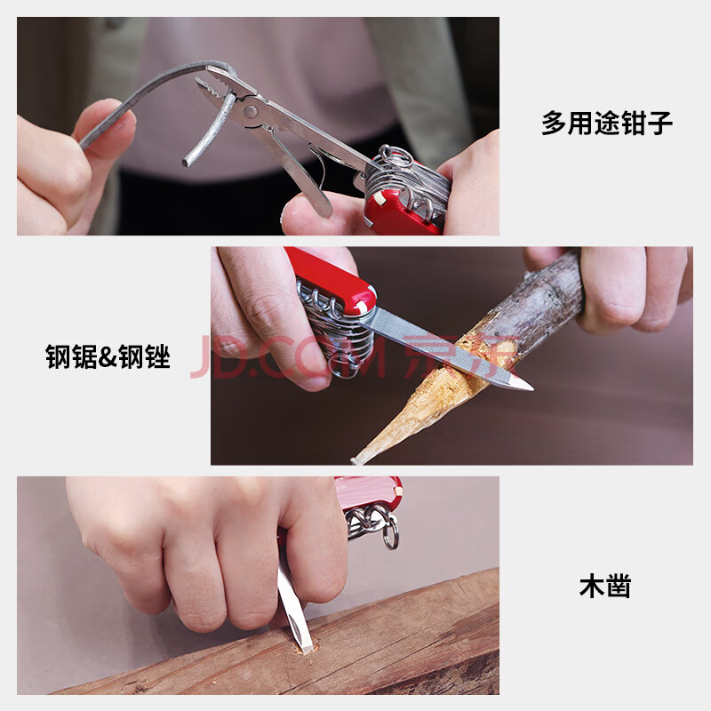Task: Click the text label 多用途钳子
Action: tap(607, 123)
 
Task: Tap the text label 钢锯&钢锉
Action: tap(108, 356)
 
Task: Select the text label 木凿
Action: tap(605, 586)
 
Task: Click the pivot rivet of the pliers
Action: tap(250, 110)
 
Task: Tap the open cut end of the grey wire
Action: tap(186, 162)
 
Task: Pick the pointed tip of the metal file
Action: tap(531, 387)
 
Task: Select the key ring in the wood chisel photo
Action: tap(390, 534)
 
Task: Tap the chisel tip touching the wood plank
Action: tap(308, 650)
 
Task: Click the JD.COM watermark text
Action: tap(291, 357)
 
